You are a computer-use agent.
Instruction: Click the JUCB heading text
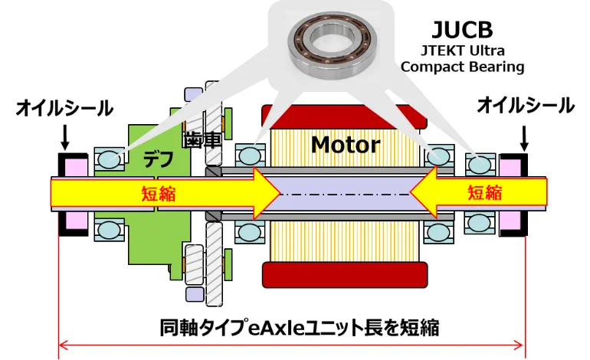[462, 30]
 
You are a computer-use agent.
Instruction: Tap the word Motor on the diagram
[346, 145]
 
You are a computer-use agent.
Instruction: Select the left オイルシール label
[64, 108]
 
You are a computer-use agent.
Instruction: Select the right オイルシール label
[526, 105]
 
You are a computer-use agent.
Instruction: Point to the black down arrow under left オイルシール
[65, 138]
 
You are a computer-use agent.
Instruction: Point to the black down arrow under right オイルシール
[524, 139]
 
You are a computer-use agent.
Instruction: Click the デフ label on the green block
[159, 159]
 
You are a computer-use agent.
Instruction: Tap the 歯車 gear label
[202, 140]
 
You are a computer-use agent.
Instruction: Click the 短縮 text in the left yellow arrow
[159, 194]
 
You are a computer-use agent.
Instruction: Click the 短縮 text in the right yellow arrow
[484, 192]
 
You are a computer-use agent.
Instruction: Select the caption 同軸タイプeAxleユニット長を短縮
[300, 328]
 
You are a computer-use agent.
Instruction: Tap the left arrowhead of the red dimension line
[63, 345]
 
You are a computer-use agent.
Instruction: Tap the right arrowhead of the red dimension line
[520, 345]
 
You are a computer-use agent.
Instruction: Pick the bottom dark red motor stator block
[345, 275]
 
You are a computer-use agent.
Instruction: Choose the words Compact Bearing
[462, 67]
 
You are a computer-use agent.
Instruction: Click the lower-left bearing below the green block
[109, 229]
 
